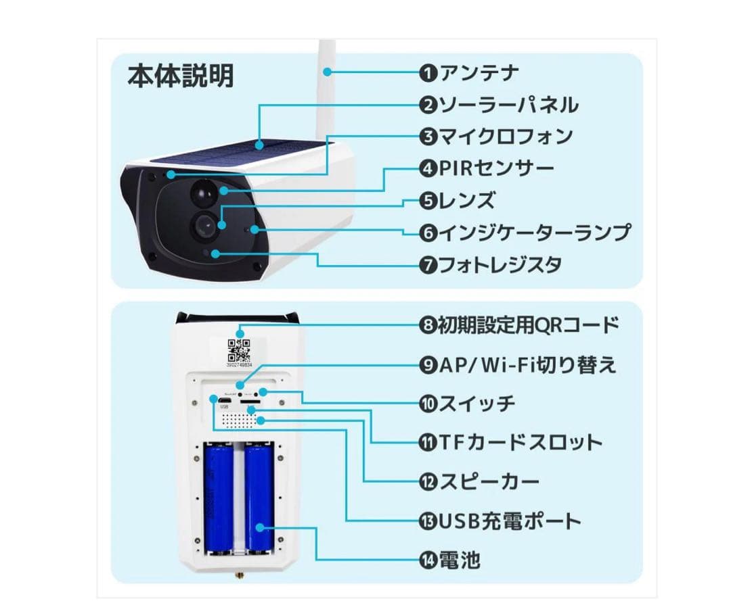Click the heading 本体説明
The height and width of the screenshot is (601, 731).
(x=181, y=76)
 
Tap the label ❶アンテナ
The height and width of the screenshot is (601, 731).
(x=469, y=72)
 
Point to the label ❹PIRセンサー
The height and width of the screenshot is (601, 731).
(x=487, y=168)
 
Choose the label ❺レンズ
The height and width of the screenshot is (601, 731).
(x=457, y=200)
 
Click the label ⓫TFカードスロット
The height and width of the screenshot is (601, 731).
(x=511, y=443)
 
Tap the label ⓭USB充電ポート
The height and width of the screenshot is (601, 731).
(x=500, y=521)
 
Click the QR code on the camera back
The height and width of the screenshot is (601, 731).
(x=239, y=350)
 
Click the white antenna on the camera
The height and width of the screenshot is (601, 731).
(x=326, y=81)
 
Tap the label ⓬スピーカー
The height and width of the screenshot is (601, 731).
(x=480, y=482)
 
